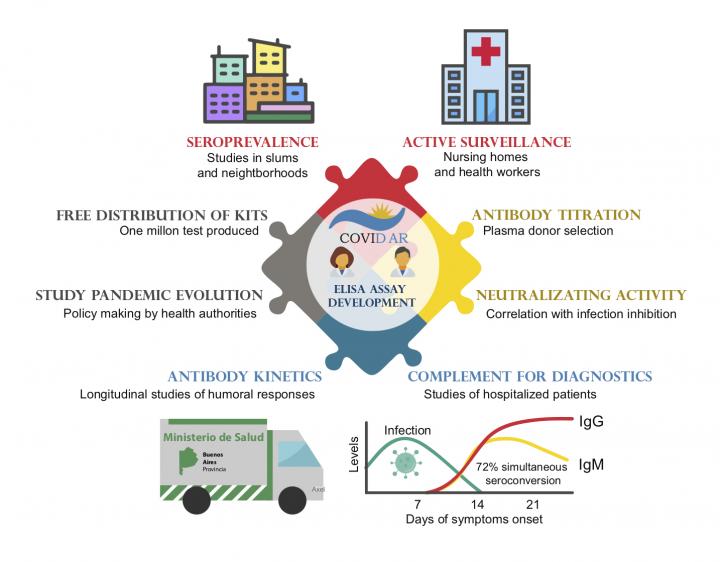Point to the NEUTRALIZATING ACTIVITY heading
point(580,295)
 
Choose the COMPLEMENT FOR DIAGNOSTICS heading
point(530,376)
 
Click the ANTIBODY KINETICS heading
point(245,376)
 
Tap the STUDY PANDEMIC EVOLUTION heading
point(149,295)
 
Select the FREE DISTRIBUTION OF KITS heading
point(159,215)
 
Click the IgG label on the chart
point(592,422)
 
